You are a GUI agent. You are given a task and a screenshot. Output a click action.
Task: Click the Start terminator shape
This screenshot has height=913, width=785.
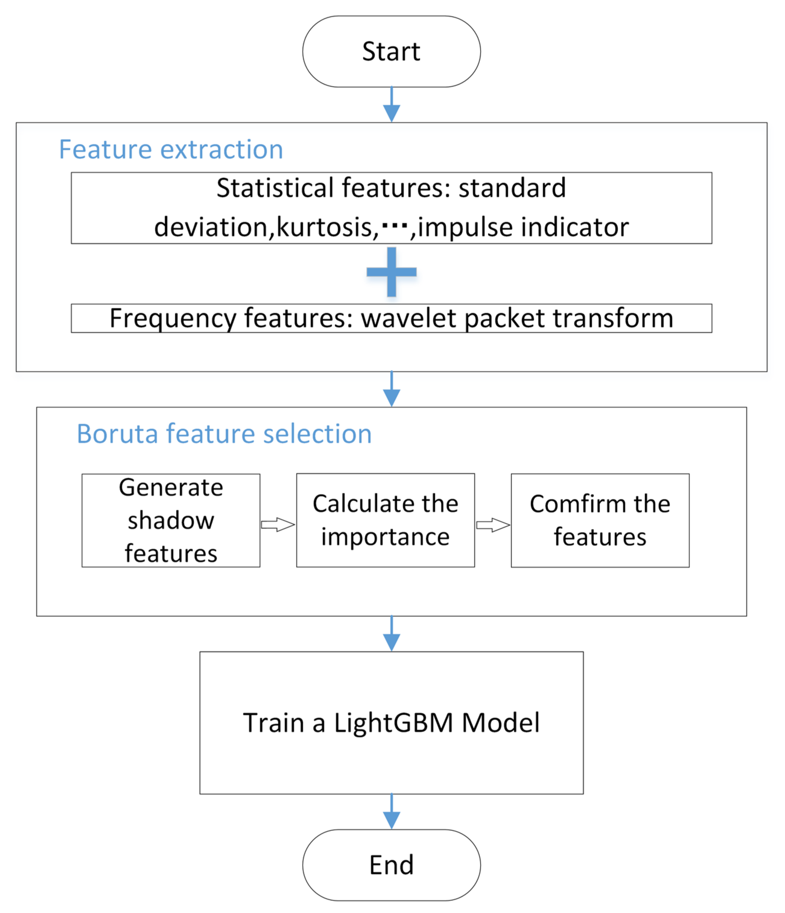[391, 52]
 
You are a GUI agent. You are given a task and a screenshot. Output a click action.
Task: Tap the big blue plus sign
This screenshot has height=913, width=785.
[391, 272]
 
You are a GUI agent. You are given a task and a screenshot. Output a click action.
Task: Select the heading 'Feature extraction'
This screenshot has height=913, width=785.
[171, 150]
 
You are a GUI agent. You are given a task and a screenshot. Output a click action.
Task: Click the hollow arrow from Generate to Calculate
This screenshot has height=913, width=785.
[278, 525]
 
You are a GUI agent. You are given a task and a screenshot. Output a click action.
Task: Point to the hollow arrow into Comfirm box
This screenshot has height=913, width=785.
[493, 525]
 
